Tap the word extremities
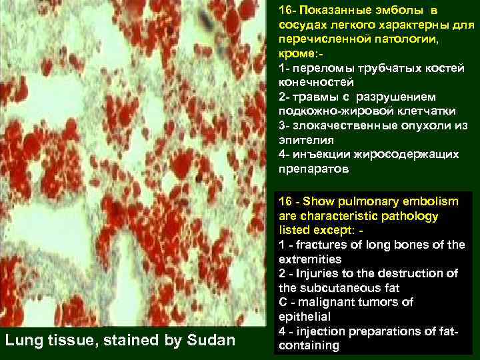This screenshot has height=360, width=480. click(310, 259)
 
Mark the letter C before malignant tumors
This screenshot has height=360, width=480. click(283, 303)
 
